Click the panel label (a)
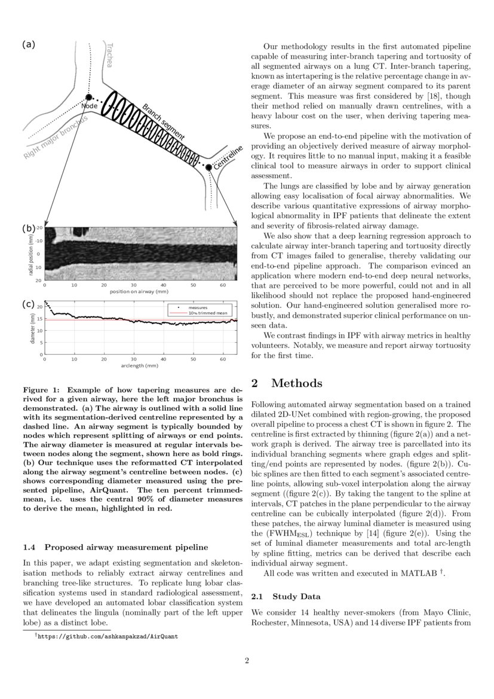coord(29,44)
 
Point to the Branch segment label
coord(163,121)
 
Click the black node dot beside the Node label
coord(88,97)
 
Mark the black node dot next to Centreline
coord(208,168)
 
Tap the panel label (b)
coord(29,228)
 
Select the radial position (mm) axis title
coord(30,254)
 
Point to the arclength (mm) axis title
coord(142,365)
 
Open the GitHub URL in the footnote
coord(108,637)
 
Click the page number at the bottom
coord(247,661)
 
